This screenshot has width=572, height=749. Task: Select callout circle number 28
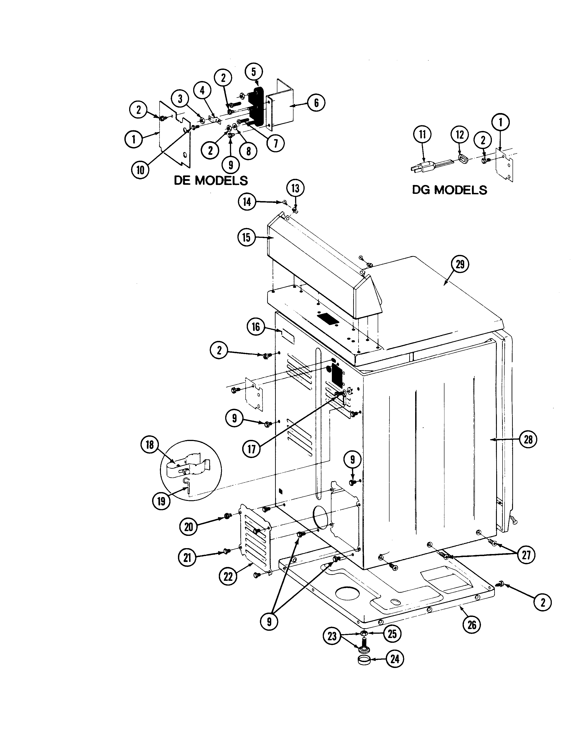tap(528, 439)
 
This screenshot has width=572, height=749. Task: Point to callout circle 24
tap(394, 659)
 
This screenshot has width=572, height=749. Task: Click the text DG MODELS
tap(449, 190)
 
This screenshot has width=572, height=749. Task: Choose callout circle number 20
tap(189, 527)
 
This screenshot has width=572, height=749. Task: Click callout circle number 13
tap(295, 188)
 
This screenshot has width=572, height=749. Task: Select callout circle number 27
tap(526, 555)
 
